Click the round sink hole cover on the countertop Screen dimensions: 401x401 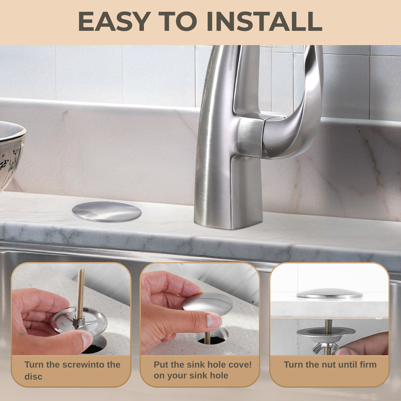[107, 212]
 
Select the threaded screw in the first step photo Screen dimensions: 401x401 [80, 297]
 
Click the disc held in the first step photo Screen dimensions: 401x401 [79, 321]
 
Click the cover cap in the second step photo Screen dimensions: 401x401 [208, 304]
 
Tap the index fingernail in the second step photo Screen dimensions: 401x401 [214, 321]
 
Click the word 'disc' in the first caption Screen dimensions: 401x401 [33, 376]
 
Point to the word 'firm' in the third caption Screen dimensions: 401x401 [368, 364]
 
